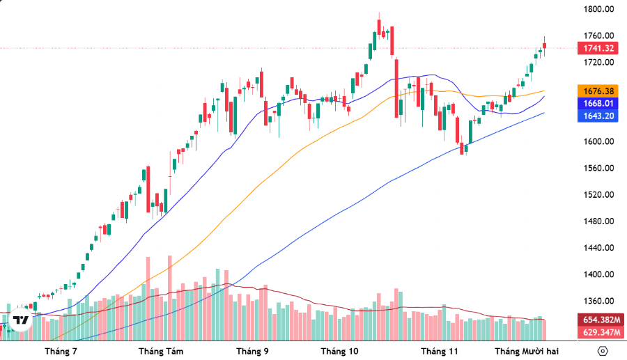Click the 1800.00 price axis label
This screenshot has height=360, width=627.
(598, 10)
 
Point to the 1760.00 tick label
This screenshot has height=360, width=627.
(598, 36)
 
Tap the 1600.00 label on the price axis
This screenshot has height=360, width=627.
(598, 142)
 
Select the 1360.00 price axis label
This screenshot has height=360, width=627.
(598, 302)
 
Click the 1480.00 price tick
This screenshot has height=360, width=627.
(598, 221)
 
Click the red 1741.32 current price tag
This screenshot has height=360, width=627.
(598, 48)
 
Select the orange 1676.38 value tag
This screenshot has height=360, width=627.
(598, 91)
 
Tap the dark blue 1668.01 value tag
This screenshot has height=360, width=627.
(598, 103)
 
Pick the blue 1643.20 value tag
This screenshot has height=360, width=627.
(598, 116)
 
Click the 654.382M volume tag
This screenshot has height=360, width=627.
(598, 319)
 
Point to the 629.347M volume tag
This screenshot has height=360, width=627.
(598, 331)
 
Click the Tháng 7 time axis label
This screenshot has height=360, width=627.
(61, 351)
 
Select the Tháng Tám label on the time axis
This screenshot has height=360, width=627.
(161, 351)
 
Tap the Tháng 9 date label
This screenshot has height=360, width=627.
(252, 351)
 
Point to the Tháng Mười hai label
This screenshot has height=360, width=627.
(527, 351)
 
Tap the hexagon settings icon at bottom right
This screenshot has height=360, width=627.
(603, 350)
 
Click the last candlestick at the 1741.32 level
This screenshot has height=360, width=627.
(545, 46)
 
